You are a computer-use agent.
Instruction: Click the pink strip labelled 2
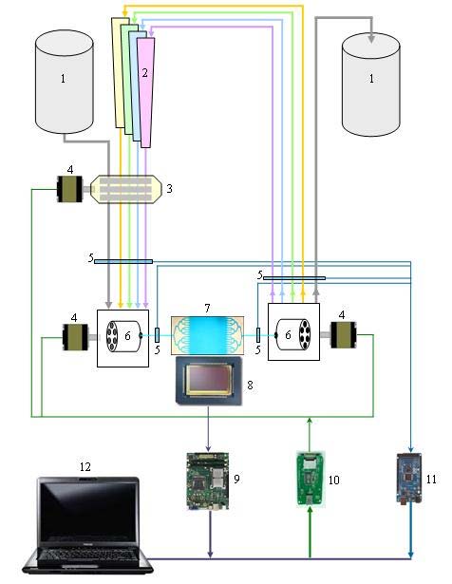tap(145, 92)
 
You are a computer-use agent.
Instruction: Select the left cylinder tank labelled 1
tap(64, 82)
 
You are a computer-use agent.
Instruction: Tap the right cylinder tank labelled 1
tap(371, 85)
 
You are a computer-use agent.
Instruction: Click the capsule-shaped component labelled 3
tap(126, 189)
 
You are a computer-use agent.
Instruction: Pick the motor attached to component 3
tap(69, 189)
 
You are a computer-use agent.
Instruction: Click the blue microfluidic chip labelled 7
tap(207, 335)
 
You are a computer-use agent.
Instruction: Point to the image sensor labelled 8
tap(209, 381)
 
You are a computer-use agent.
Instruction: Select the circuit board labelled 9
tap(208, 480)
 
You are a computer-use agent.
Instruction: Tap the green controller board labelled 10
tap(311, 479)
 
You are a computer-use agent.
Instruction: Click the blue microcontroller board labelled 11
tap(409, 479)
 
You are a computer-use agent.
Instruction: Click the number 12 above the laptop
tap(85, 466)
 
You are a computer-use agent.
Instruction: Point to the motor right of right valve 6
tap(344, 335)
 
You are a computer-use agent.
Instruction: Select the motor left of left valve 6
tap(75, 337)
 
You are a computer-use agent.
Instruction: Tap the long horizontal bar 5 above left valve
tap(123, 261)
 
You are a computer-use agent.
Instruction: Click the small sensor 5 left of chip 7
tap(157, 335)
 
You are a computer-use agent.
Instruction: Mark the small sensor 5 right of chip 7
tap(258, 335)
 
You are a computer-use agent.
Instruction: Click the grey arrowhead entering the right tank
tap(371, 39)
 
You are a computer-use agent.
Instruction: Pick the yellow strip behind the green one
tap(119, 72)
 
